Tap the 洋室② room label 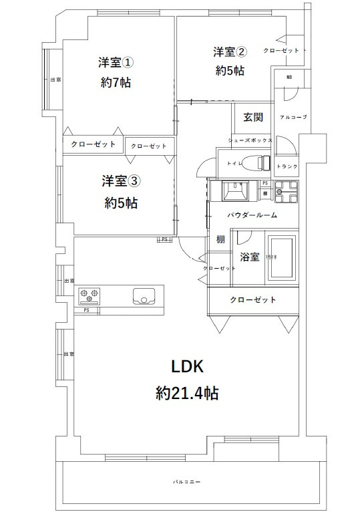pos(230,51)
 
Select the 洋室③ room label pos(121,180)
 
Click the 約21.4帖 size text pos(187,392)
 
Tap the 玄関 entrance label pos(252,117)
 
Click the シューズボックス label pos(250,140)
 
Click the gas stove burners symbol pos(89,294)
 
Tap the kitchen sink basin pos(144,295)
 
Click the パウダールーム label pos(252,215)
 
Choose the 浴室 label pos(248,257)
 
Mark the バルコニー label pos(187,481)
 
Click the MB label pos(289,78)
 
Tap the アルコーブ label pos(293,117)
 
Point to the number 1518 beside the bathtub pos(270,257)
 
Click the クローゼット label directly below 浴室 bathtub pos(253,299)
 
